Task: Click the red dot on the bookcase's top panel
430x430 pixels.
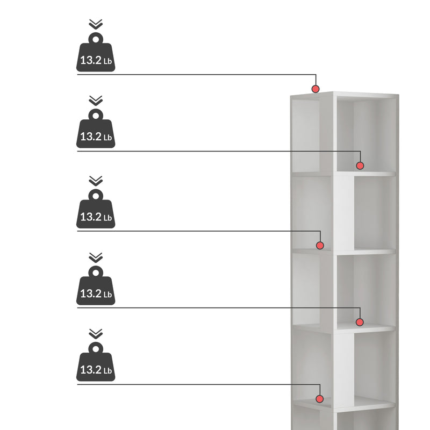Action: (316, 89)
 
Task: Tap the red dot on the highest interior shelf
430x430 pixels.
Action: (360, 166)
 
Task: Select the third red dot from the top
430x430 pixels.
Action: (320, 246)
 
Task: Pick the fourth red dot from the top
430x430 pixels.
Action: (360, 322)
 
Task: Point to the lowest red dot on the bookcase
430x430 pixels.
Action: (319, 399)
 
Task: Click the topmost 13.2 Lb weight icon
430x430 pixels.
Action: (96, 52)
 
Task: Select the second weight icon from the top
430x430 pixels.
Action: (96, 128)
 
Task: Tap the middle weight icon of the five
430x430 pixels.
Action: (96, 209)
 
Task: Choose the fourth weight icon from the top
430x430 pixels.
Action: (96, 285)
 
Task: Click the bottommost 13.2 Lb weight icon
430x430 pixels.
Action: (96, 361)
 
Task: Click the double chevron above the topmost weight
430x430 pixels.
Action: (96, 24)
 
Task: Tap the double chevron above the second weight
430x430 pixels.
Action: (96, 101)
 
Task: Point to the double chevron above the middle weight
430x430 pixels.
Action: (96, 181)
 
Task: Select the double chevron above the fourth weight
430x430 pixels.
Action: (96, 257)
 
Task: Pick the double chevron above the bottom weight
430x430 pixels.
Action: (96, 334)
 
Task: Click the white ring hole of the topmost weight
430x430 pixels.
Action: (96, 39)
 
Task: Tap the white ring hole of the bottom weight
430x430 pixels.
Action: (96, 349)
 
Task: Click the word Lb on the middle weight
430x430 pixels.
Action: (107, 218)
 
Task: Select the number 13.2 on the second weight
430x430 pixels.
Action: (91, 137)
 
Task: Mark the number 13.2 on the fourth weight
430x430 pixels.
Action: (91, 293)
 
